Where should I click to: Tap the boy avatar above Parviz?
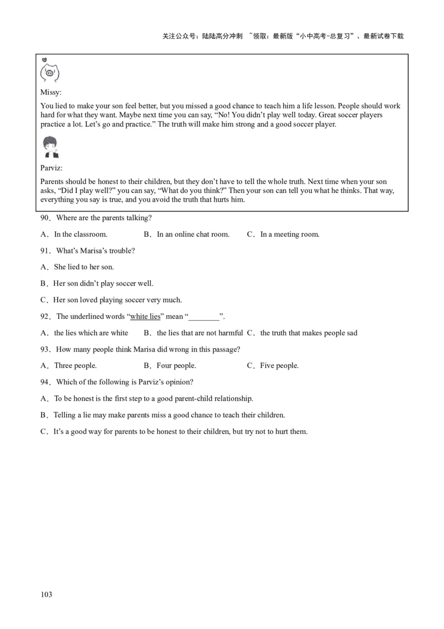click(x=51, y=146)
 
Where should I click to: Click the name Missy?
click(x=51, y=92)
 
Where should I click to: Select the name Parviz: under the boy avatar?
click(x=52, y=167)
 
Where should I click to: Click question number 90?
click(x=45, y=218)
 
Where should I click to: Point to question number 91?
click(x=45, y=251)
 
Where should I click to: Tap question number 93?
click(x=45, y=350)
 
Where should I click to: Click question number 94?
click(x=45, y=382)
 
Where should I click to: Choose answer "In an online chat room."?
click(x=193, y=234)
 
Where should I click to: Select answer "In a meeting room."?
click(x=290, y=234)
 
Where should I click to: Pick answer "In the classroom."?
click(x=80, y=234)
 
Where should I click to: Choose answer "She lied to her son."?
click(x=84, y=267)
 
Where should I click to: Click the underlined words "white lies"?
click(x=145, y=317)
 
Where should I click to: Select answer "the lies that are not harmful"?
click(x=200, y=333)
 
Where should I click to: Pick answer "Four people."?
click(x=176, y=366)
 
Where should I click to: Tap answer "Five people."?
click(x=279, y=366)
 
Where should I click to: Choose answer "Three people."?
click(x=75, y=366)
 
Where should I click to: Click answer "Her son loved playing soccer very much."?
click(x=117, y=300)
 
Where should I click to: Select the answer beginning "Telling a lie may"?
click(x=169, y=415)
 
